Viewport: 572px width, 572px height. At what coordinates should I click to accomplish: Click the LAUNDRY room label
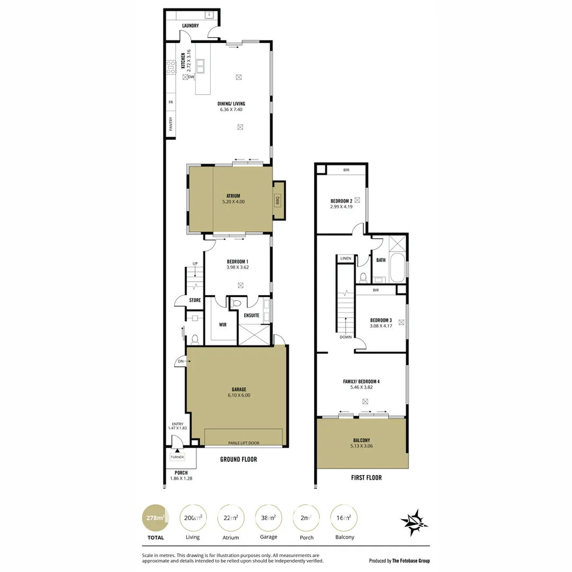point(190,25)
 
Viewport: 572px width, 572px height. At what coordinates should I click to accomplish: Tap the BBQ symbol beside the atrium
point(277,201)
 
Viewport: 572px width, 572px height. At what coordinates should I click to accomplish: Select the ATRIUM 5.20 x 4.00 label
point(233,199)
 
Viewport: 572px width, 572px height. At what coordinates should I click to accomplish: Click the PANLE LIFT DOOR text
point(244,443)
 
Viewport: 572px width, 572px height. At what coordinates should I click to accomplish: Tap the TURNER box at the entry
point(177,457)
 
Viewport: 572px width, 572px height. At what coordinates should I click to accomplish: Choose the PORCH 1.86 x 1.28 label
point(181,476)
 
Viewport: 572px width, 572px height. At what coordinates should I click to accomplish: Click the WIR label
point(222,325)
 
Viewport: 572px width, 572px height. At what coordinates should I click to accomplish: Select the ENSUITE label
point(252,315)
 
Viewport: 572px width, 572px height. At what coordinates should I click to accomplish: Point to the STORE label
point(195,300)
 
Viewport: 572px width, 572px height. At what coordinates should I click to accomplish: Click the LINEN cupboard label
point(345,258)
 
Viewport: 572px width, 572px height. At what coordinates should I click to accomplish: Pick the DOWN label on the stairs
point(345,337)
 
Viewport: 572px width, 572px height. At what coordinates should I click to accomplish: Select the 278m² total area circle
point(154,517)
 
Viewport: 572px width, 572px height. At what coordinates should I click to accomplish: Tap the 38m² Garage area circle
point(269,517)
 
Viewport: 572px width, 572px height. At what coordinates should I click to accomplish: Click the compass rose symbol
point(414,522)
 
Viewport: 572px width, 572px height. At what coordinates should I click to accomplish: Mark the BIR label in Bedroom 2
point(346,170)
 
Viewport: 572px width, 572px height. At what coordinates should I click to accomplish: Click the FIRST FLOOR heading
point(367,478)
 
